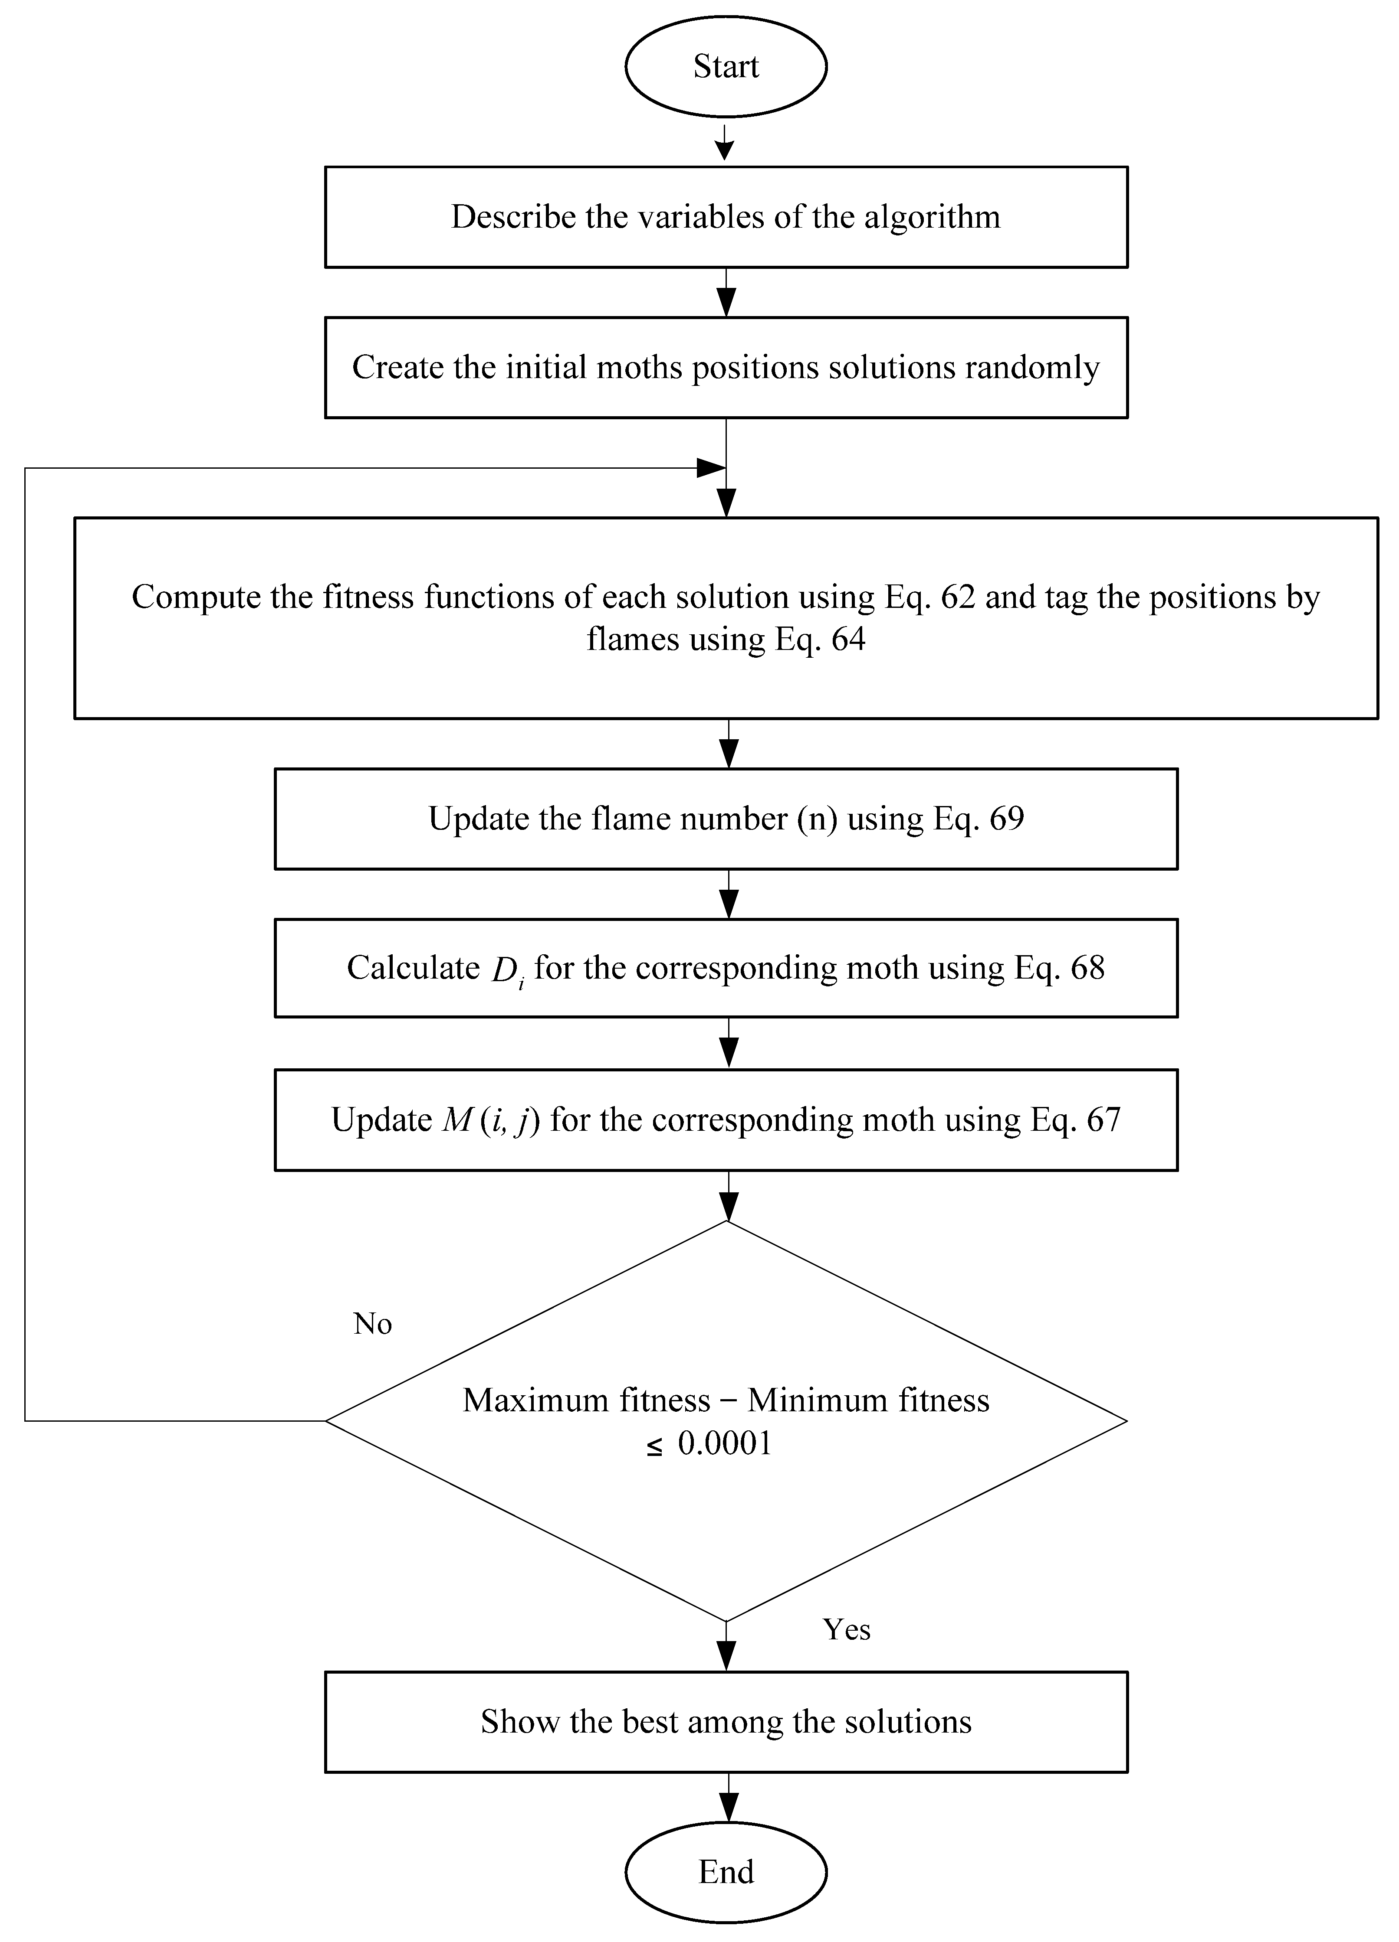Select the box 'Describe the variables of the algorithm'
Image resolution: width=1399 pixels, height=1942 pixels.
(x=726, y=217)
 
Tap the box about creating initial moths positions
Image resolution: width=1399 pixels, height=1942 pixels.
(x=726, y=367)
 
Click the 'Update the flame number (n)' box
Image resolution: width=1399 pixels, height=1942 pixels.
(x=726, y=819)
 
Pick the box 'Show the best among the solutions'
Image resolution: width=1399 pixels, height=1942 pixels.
(x=726, y=1722)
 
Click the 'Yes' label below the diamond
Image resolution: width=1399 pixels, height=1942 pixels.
(x=847, y=1629)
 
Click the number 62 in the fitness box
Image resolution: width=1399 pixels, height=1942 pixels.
(x=958, y=597)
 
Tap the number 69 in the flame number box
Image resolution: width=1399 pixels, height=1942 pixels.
(x=1007, y=819)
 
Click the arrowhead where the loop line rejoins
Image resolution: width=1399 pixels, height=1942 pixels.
(x=711, y=467)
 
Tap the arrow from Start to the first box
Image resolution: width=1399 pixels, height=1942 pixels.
(x=726, y=143)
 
